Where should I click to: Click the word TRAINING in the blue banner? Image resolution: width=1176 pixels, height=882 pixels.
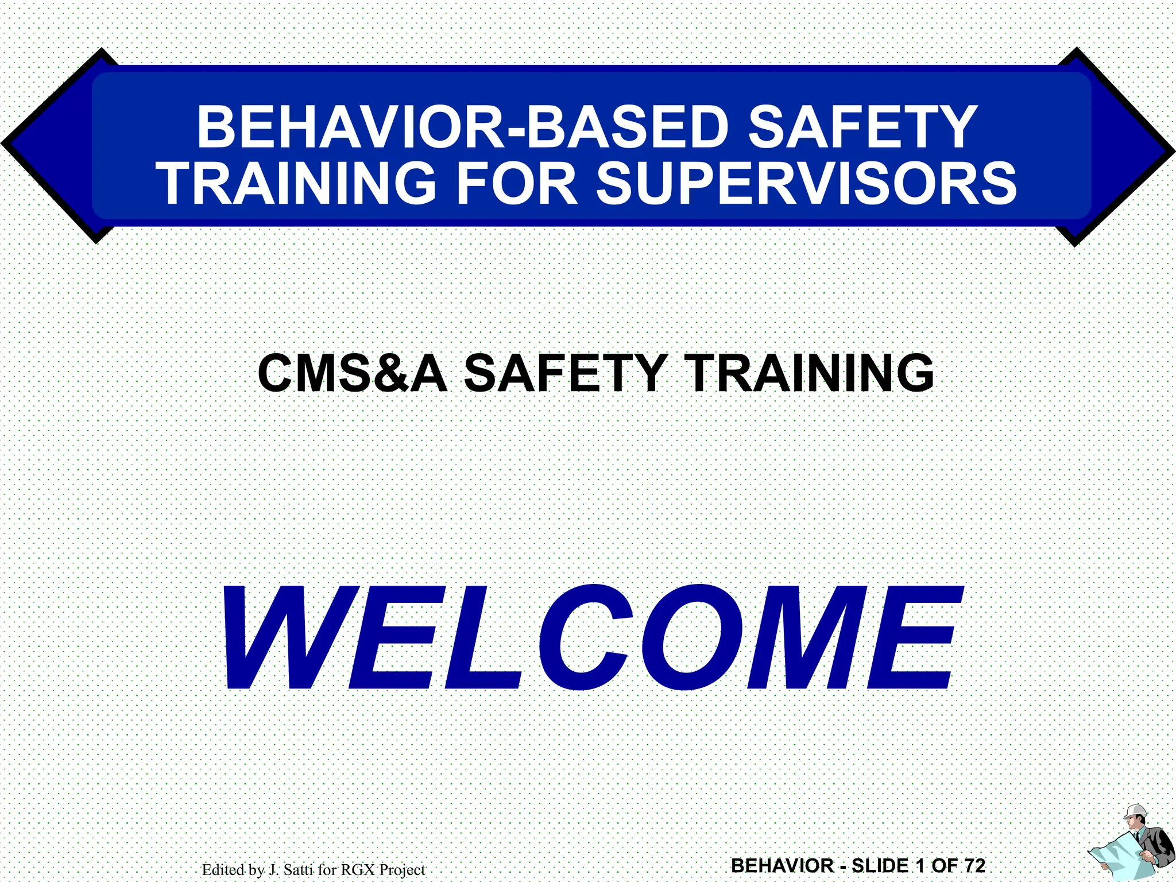click(298, 183)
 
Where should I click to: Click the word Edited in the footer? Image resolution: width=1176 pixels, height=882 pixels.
click(223, 870)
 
